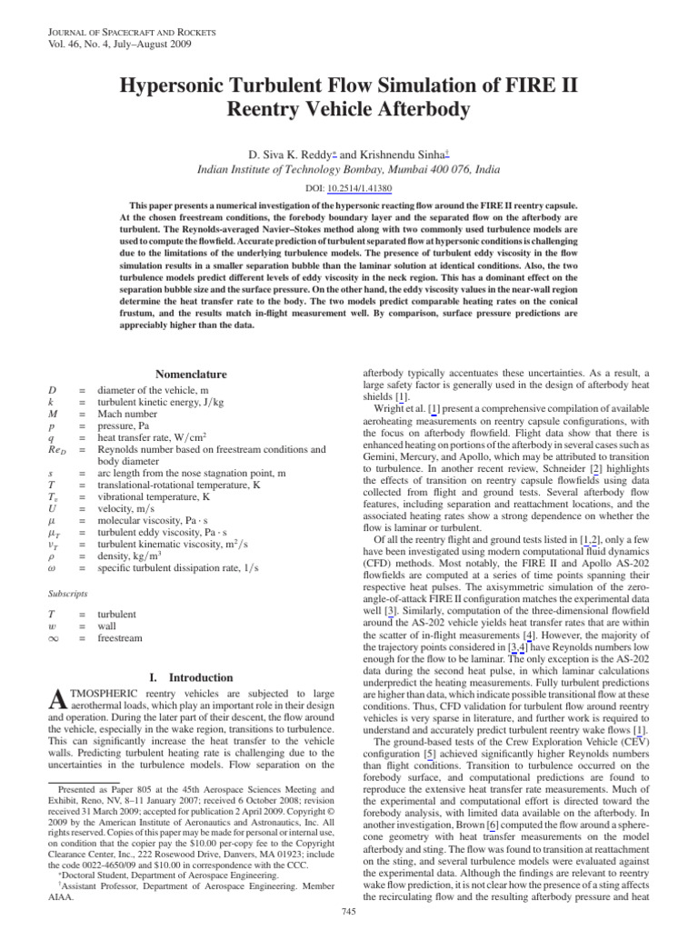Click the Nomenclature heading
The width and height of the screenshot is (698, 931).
click(191, 375)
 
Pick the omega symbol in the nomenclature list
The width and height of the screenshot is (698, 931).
click(52, 568)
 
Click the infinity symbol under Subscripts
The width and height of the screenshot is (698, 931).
click(54, 639)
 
